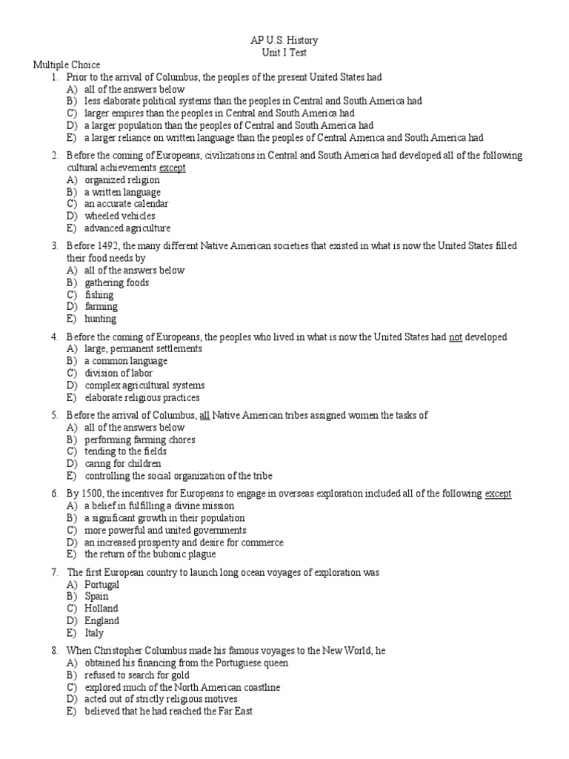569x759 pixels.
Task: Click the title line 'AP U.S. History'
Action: [x=284, y=40]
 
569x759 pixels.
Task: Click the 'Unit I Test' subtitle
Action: [x=284, y=53]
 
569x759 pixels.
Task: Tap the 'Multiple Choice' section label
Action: [x=67, y=65]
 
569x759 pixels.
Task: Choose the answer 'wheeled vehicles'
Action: [x=119, y=216]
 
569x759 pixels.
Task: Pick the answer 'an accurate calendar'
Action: [x=126, y=204]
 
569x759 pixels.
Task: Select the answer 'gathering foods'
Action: [x=116, y=282]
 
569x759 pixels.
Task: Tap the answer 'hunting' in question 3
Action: [x=100, y=319]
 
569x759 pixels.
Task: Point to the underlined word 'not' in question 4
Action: [x=456, y=337]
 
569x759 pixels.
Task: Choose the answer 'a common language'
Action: [x=125, y=361]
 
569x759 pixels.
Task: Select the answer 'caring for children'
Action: [x=122, y=464]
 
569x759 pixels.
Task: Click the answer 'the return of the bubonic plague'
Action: [x=149, y=554]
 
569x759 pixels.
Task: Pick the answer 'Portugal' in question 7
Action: [x=102, y=585]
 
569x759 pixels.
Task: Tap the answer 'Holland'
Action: [x=101, y=609]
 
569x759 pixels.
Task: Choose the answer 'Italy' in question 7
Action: [x=94, y=633]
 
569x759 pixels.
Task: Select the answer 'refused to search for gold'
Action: [x=136, y=675]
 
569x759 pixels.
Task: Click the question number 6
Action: [x=55, y=494]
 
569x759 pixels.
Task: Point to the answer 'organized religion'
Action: [x=122, y=180]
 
